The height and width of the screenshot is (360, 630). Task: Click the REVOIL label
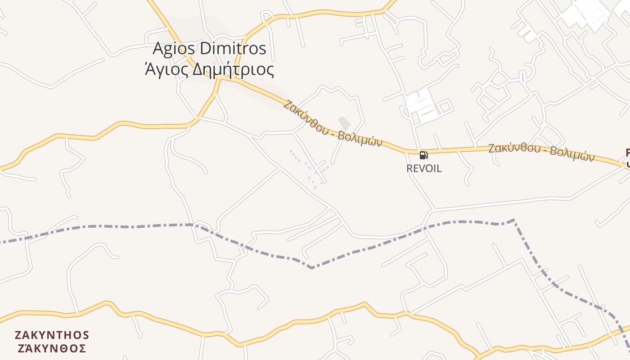pos(424,169)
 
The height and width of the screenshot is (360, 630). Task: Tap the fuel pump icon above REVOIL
pos(423,155)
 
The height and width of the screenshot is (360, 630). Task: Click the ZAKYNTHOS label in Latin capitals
pos(52,335)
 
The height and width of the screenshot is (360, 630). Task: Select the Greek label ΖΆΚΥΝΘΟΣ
pos(52,348)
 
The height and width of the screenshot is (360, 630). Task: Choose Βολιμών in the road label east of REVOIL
pos(572,154)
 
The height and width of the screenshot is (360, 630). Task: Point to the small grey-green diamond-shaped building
pos(344,122)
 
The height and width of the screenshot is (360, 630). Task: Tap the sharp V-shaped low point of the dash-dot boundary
pos(312,268)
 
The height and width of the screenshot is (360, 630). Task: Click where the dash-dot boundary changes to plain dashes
pos(513,220)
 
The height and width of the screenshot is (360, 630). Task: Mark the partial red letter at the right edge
pos(627,153)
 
